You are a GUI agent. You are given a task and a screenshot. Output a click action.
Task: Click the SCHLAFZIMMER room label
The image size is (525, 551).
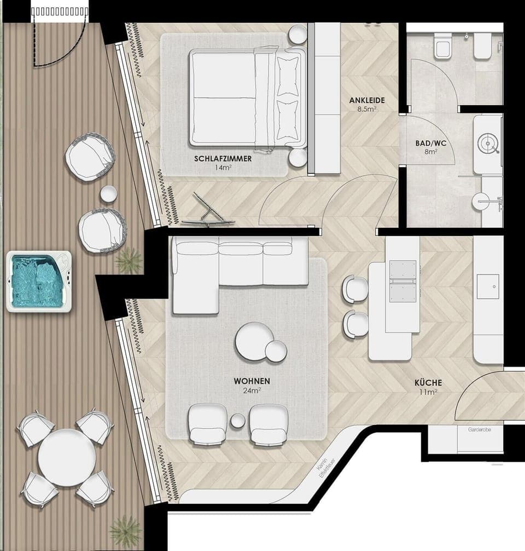tap(223, 159)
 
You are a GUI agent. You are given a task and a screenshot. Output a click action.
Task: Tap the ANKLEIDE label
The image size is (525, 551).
tap(367, 100)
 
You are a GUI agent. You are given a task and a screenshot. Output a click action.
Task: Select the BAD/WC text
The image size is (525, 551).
tap(431, 144)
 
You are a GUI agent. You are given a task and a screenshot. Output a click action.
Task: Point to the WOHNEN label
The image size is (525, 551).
tap(252, 381)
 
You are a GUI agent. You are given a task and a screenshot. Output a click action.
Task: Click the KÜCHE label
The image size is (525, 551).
tap(428, 383)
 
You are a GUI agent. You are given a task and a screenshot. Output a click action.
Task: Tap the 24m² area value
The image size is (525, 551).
tap(252, 391)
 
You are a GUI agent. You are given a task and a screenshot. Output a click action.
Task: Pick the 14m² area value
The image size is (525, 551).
tap(223, 168)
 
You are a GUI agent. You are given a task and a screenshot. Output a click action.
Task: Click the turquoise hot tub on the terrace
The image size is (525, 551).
tap(39, 282)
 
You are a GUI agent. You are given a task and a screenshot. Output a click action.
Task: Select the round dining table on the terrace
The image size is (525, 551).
tap(66, 457)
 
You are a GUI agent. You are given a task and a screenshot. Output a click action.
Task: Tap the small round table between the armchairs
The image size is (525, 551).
tap(238, 421)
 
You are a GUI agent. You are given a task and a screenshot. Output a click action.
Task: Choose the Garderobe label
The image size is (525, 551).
tap(479, 431)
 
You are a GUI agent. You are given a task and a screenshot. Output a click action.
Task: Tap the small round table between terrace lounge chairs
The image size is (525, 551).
tap(109, 194)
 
